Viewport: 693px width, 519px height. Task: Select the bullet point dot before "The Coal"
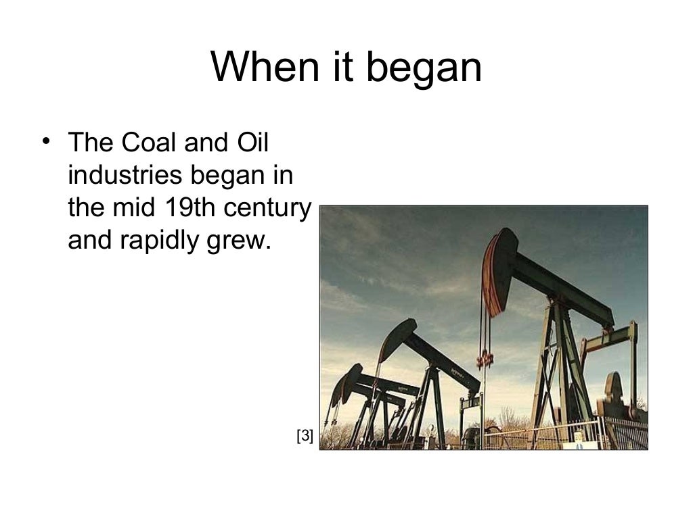45,141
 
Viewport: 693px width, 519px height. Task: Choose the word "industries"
125,175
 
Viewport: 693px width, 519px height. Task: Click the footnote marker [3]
305,437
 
